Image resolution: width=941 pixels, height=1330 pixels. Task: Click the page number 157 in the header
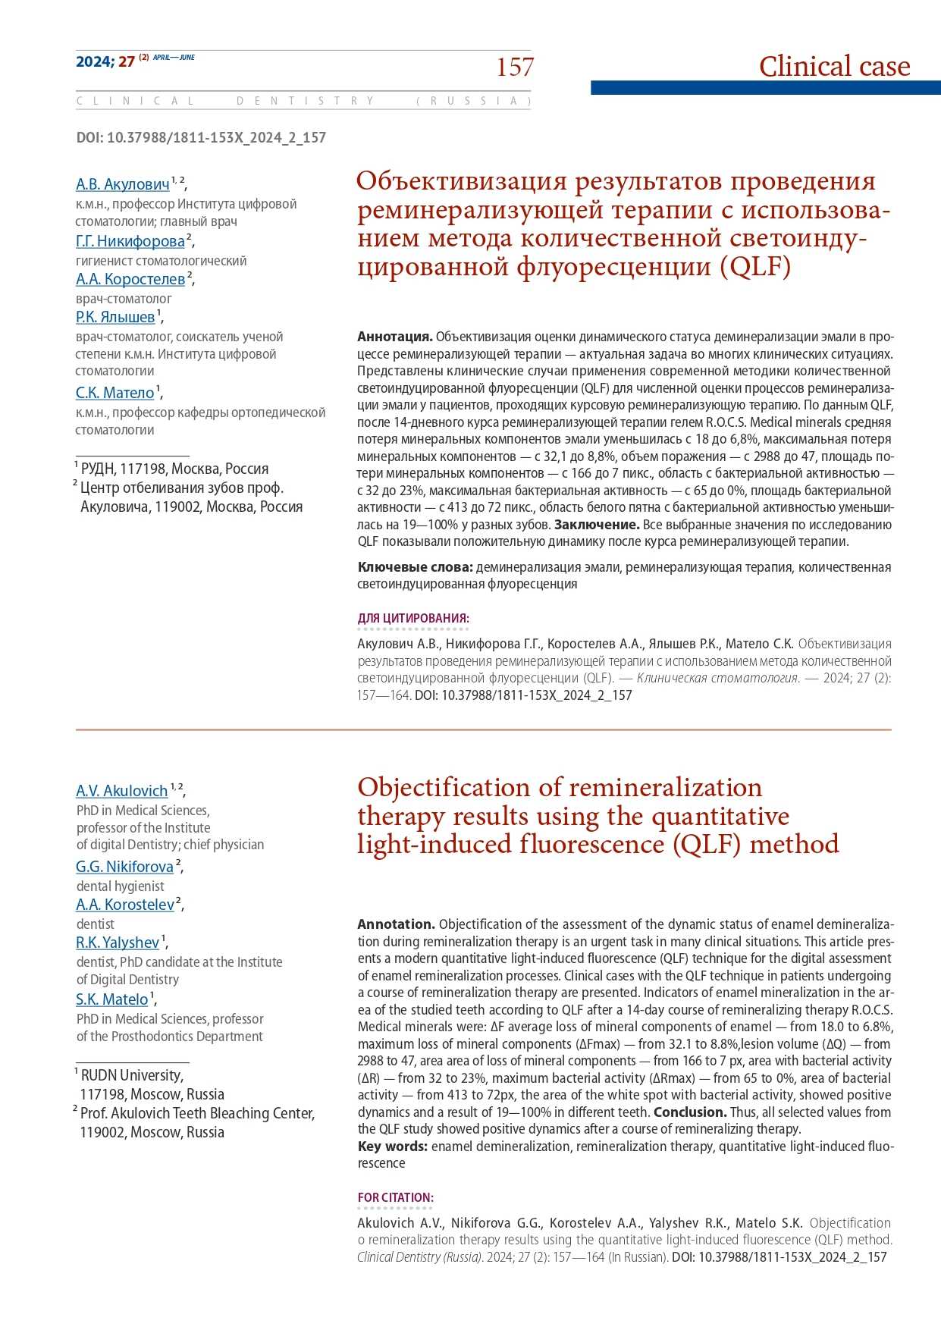click(515, 67)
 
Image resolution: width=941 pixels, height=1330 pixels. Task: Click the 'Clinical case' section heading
click(834, 67)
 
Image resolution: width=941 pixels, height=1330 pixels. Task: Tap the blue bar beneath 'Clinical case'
click(765, 88)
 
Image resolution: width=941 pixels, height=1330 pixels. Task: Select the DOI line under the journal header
click(201, 137)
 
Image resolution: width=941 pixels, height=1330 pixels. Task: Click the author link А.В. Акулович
click(122, 184)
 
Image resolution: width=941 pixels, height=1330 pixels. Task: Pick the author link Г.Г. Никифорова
click(130, 241)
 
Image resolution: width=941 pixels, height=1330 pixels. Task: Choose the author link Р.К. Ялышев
click(115, 317)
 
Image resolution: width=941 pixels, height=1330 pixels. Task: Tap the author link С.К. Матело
click(114, 393)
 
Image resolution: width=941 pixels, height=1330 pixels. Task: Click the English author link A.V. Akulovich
click(121, 791)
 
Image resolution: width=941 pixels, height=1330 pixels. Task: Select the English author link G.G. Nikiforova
click(124, 867)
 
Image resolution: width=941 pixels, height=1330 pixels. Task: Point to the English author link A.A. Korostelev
click(125, 905)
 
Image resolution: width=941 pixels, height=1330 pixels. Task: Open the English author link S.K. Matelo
click(111, 999)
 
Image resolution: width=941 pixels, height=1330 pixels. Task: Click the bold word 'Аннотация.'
click(394, 337)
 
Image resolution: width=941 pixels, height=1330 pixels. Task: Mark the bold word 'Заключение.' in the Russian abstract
click(597, 525)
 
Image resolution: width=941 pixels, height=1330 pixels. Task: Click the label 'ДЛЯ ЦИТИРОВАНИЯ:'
click(413, 619)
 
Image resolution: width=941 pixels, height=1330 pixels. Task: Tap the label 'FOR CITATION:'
click(395, 1198)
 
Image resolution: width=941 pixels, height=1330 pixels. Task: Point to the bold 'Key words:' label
click(392, 1146)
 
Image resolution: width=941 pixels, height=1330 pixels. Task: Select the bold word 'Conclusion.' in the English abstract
click(689, 1112)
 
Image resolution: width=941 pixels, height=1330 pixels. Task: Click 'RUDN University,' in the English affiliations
click(131, 1075)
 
